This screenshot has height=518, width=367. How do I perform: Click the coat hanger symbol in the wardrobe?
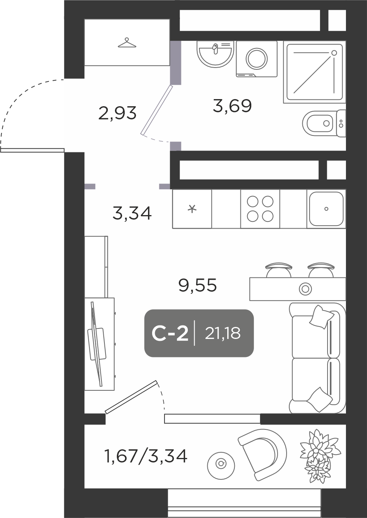(x=127, y=43)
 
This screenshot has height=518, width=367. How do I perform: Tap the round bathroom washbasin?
(x=215, y=54)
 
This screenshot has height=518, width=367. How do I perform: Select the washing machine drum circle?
(x=257, y=59)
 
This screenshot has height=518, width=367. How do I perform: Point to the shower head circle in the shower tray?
(x=334, y=53)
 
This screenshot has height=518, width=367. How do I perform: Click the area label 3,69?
(x=232, y=106)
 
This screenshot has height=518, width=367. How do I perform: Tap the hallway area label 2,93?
(x=117, y=113)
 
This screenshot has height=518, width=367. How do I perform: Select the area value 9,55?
(x=198, y=285)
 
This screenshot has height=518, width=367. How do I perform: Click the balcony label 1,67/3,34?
(x=146, y=456)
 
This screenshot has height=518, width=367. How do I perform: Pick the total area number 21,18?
(x=223, y=333)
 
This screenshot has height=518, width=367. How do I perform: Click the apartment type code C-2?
(x=170, y=334)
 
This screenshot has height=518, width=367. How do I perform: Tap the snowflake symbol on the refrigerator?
(x=192, y=209)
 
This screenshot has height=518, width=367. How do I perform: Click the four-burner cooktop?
(x=260, y=209)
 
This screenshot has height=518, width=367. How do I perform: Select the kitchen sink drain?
(x=326, y=209)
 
